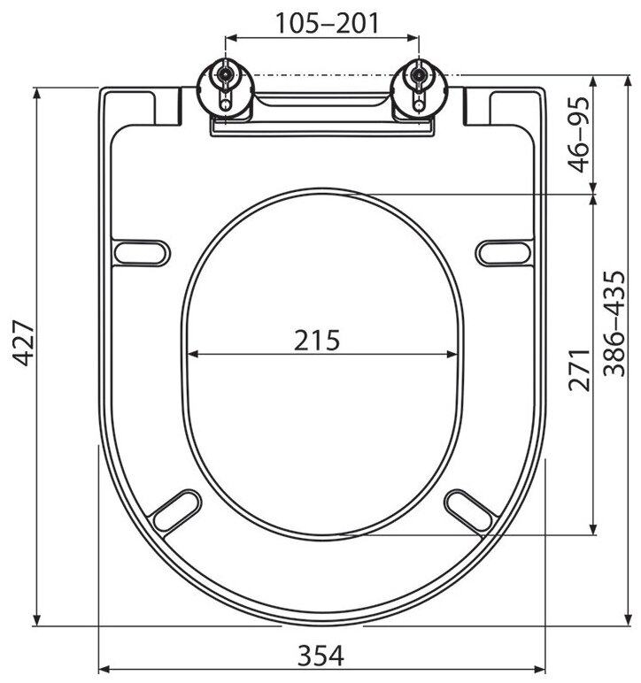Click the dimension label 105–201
coord(328,23)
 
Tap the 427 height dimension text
coord(23,343)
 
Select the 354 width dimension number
coord(320,655)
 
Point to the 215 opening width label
coord(317,341)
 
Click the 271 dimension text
coord(579,370)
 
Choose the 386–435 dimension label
coord(614,323)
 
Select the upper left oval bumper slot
coord(142,253)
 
